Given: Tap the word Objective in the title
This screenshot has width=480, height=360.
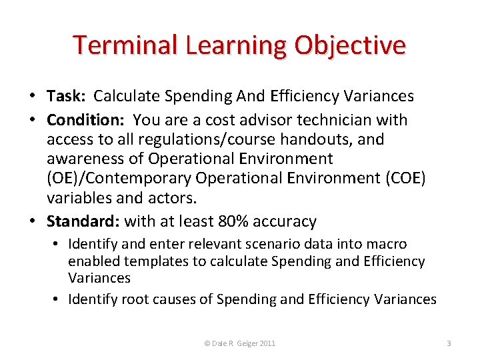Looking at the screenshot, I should [x=351, y=45].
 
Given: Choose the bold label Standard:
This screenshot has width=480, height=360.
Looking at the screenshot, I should [x=83, y=221].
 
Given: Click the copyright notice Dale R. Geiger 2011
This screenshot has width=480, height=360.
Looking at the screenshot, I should [x=239, y=343].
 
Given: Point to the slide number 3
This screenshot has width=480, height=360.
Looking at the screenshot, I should [x=449, y=343].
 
